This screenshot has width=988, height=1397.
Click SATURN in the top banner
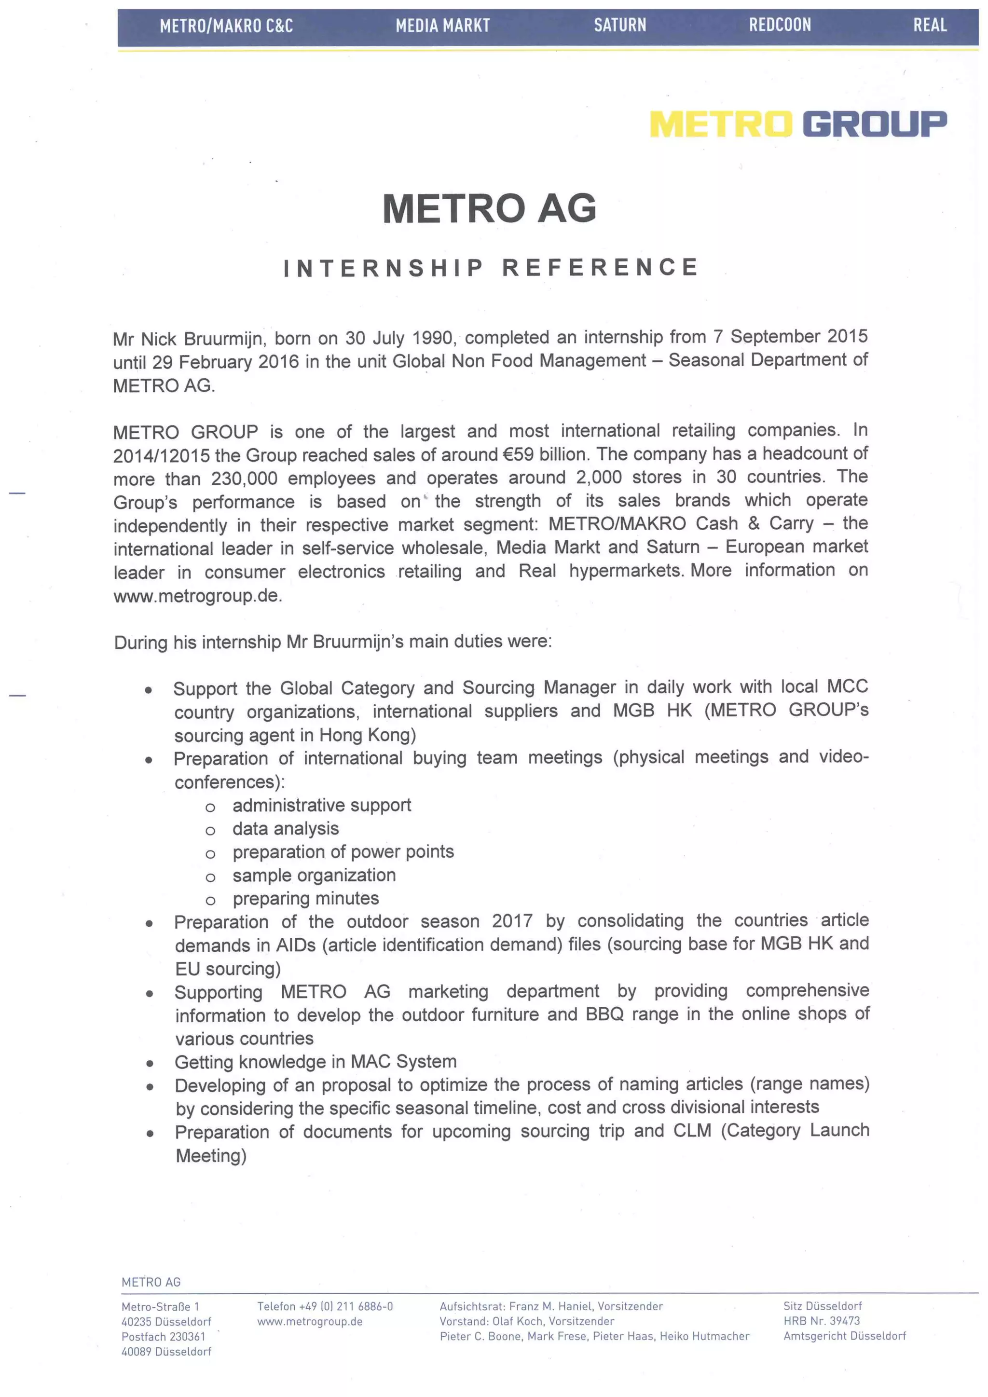[619, 25]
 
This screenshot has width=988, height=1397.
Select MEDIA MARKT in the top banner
[442, 26]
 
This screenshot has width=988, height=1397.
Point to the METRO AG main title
[489, 209]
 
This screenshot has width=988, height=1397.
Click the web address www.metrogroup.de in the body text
[197, 595]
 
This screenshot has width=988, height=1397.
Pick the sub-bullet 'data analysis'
[285, 829]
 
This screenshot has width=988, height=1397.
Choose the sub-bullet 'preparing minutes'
[305, 899]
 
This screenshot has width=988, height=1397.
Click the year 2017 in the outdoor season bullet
[512, 921]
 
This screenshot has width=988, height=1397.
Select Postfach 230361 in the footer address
[163, 1336]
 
